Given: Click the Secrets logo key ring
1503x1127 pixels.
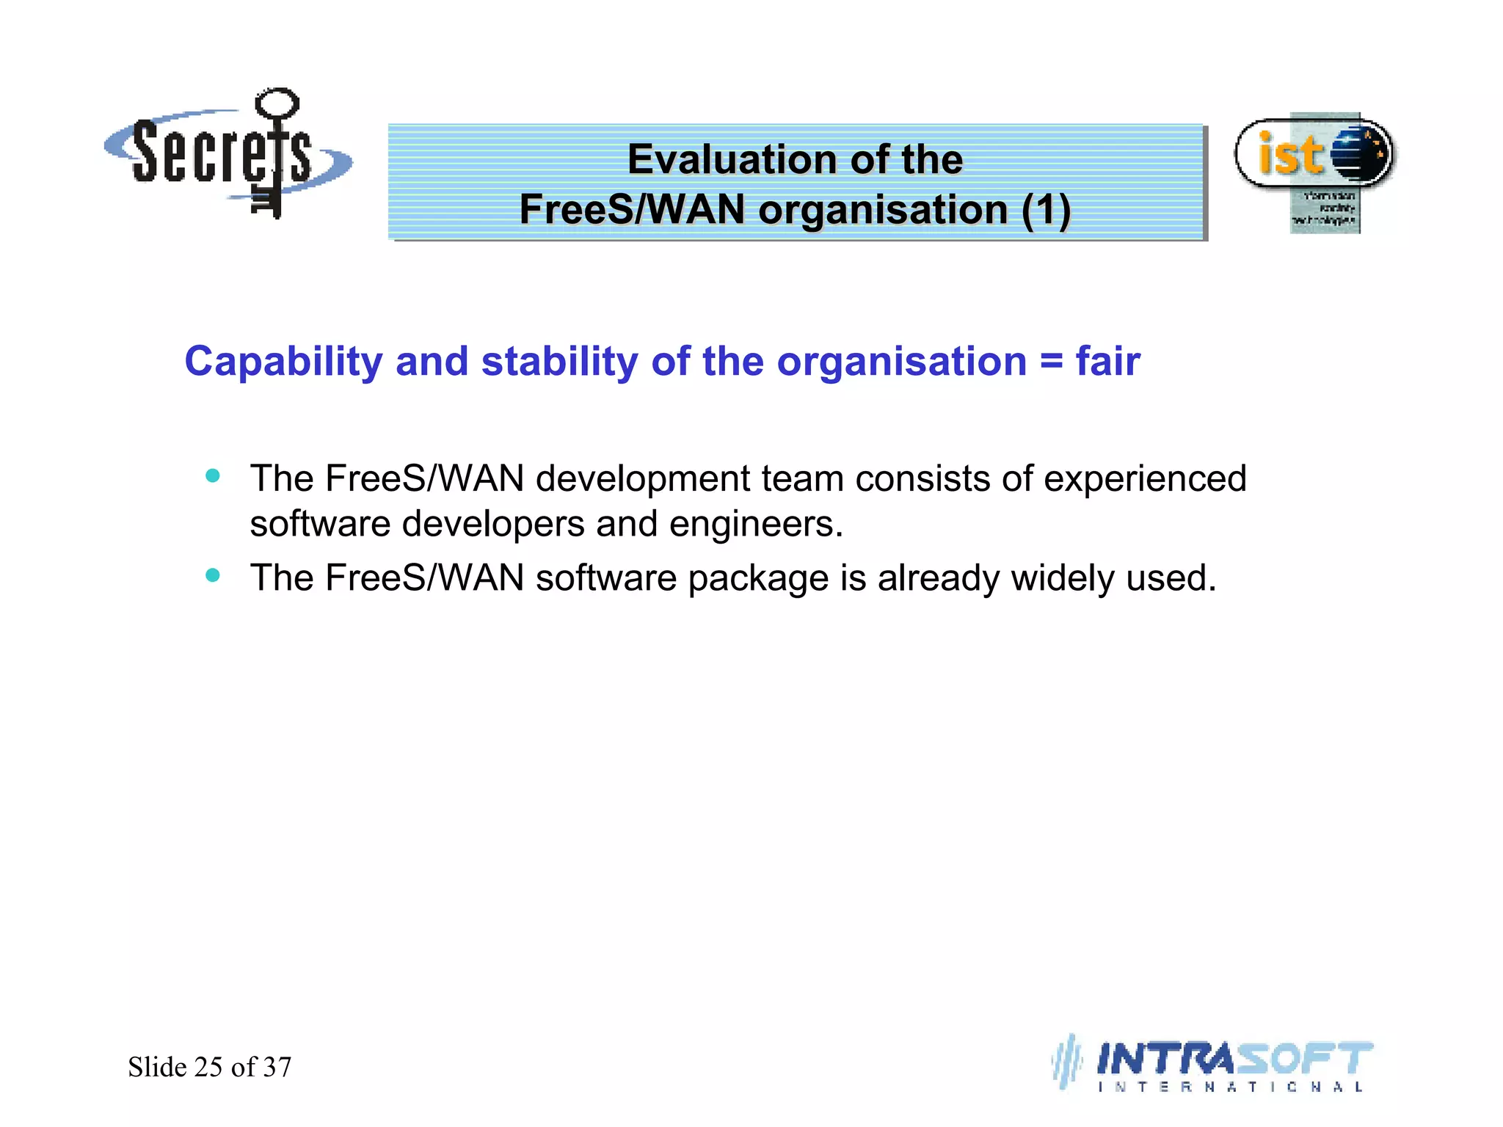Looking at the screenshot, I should [x=277, y=102].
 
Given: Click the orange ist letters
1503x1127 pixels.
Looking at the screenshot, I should [x=1290, y=155].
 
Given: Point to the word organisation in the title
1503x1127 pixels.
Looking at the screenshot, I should [x=883, y=210].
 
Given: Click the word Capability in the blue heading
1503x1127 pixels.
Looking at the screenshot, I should [x=283, y=362].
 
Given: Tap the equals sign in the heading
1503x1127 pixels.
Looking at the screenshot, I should [x=1051, y=362].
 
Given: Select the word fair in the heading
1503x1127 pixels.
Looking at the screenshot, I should [x=1107, y=362].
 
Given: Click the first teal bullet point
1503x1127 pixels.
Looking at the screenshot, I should [x=213, y=476].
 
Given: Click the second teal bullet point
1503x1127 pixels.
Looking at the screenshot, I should [x=213, y=575].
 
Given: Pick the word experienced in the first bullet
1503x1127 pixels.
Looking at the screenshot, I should [x=1145, y=479].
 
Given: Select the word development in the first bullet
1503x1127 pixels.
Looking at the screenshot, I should [x=643, y=479].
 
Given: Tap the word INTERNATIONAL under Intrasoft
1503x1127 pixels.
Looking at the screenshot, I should [x=1230, y=1087].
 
